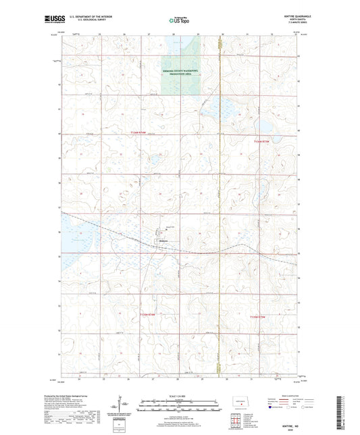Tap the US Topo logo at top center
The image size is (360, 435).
(179, 21)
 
